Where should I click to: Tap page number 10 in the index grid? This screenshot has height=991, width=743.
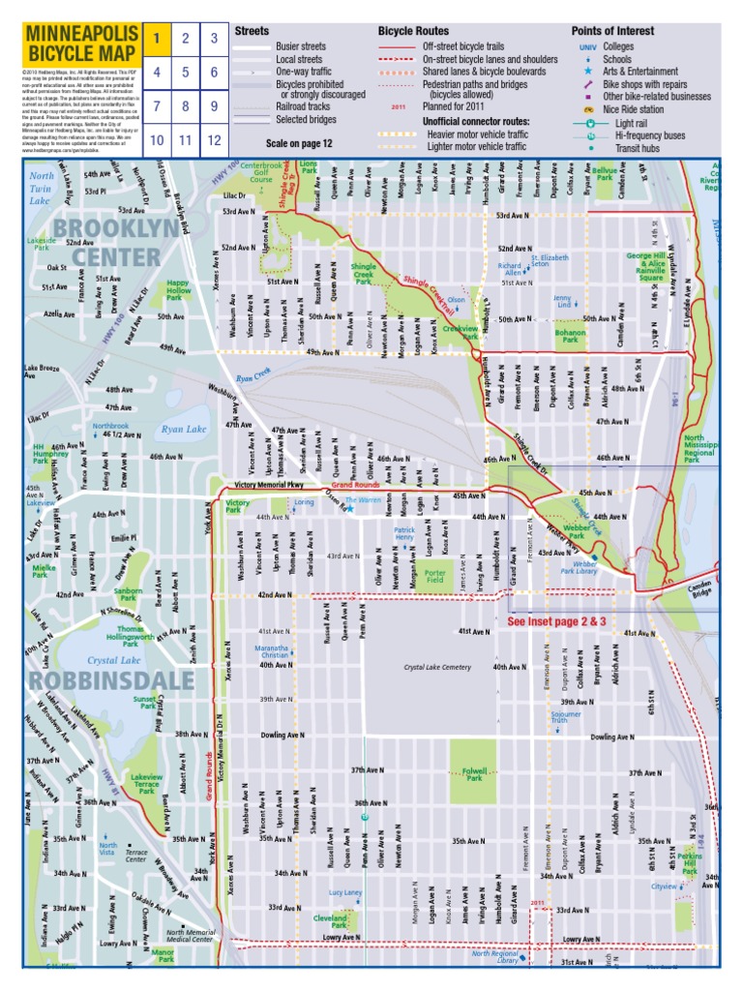[155, 139]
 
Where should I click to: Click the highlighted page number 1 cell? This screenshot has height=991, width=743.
[155, 39]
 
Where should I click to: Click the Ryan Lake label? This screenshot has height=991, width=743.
[184, 429]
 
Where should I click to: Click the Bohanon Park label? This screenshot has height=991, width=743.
[571, 336]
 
